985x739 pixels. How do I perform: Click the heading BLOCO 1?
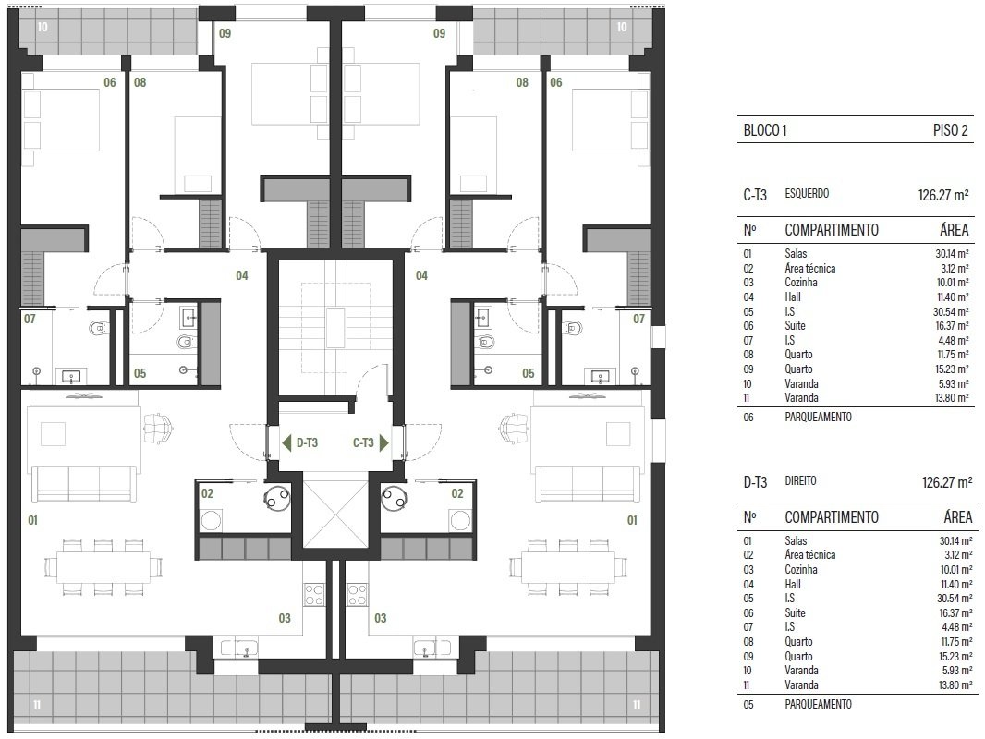(x=764, y=130)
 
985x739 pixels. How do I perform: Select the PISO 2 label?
(x=951, y=130)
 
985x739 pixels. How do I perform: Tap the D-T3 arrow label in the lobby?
(x=299, y=442)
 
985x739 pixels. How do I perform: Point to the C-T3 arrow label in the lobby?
(x=370, y=442)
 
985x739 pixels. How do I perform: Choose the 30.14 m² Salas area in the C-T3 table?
(x=952, y=254)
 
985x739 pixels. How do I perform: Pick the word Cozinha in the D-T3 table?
(x=801, y=569)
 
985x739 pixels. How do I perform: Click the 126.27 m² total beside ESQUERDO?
(x=943, y=195)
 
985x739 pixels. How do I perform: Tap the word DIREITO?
(x=800, y=481)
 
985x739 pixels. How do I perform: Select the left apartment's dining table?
(x=103, y=567)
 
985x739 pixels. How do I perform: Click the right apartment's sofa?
(x=589, y=483)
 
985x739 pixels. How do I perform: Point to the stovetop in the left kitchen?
(x=314, y=594)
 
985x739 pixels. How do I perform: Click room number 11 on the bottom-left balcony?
(x=37, y=705)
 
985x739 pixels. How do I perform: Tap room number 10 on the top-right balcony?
(x=622, y=27)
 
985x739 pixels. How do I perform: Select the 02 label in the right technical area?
(x=457, y=493)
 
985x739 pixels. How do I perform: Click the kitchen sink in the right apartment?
(x=432, y=647)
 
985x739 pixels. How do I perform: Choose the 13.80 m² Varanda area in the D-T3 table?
(x=955, y=685)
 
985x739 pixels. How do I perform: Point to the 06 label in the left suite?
(x=110, y=82)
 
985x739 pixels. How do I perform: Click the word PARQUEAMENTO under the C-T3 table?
(x=818, y=417)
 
